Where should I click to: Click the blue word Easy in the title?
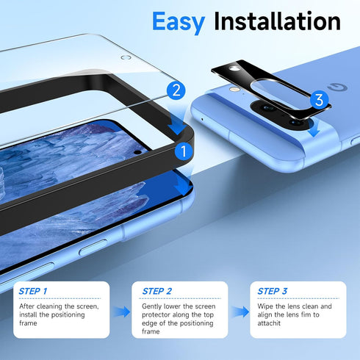179,22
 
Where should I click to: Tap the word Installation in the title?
276,22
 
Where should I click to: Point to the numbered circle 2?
175,91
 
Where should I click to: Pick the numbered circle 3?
317,99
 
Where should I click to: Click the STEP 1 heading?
34,292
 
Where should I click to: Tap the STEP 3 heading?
273,292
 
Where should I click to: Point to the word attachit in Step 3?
270,324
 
